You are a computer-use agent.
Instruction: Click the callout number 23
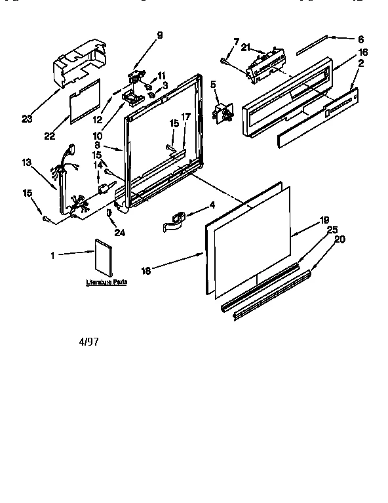[x=27, y=119]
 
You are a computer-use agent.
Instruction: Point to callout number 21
[x=246, y=47]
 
